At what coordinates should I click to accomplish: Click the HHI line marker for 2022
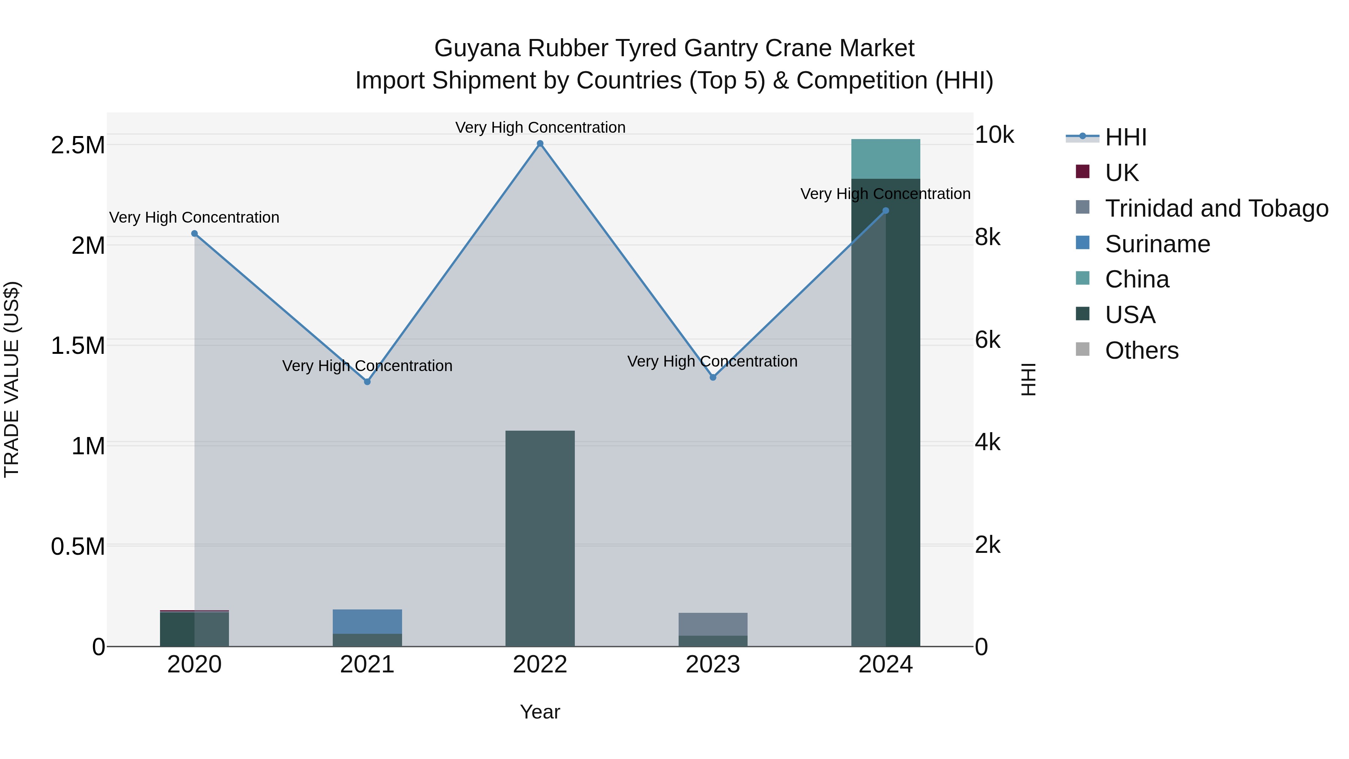pos(540,144)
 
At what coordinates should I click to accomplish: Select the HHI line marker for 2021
pos(367,382)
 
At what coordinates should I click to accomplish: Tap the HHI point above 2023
pos(713,377)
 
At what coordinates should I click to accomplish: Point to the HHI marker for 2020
pos(194,234)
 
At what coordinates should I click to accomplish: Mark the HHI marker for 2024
pos(885,211)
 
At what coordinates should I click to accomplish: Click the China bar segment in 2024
pos(885,159)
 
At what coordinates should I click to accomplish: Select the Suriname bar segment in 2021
pos(367,621)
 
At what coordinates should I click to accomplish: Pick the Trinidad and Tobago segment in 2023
pos(713,624)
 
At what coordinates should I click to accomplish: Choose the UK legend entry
pos(1121,173)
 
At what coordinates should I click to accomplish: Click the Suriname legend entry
pos(1158,244)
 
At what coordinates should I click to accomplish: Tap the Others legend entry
pos(1142,350)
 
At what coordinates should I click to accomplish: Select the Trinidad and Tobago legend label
pos(1216,208)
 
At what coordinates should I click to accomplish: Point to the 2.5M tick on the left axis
pos(78,145)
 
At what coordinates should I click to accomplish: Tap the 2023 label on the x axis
pos(713,665)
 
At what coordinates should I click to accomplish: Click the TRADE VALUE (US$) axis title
pos(12,379)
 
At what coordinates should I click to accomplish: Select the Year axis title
pos(540,712)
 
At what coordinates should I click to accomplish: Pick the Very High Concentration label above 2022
pos(540,127)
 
